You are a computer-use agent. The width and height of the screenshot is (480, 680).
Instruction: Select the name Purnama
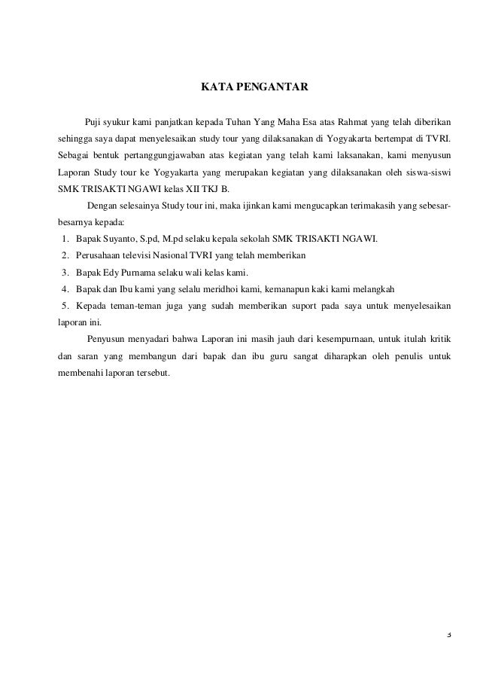132,273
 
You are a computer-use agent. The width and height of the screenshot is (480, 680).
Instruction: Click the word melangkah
377,289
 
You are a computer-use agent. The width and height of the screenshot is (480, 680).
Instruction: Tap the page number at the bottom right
448,633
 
